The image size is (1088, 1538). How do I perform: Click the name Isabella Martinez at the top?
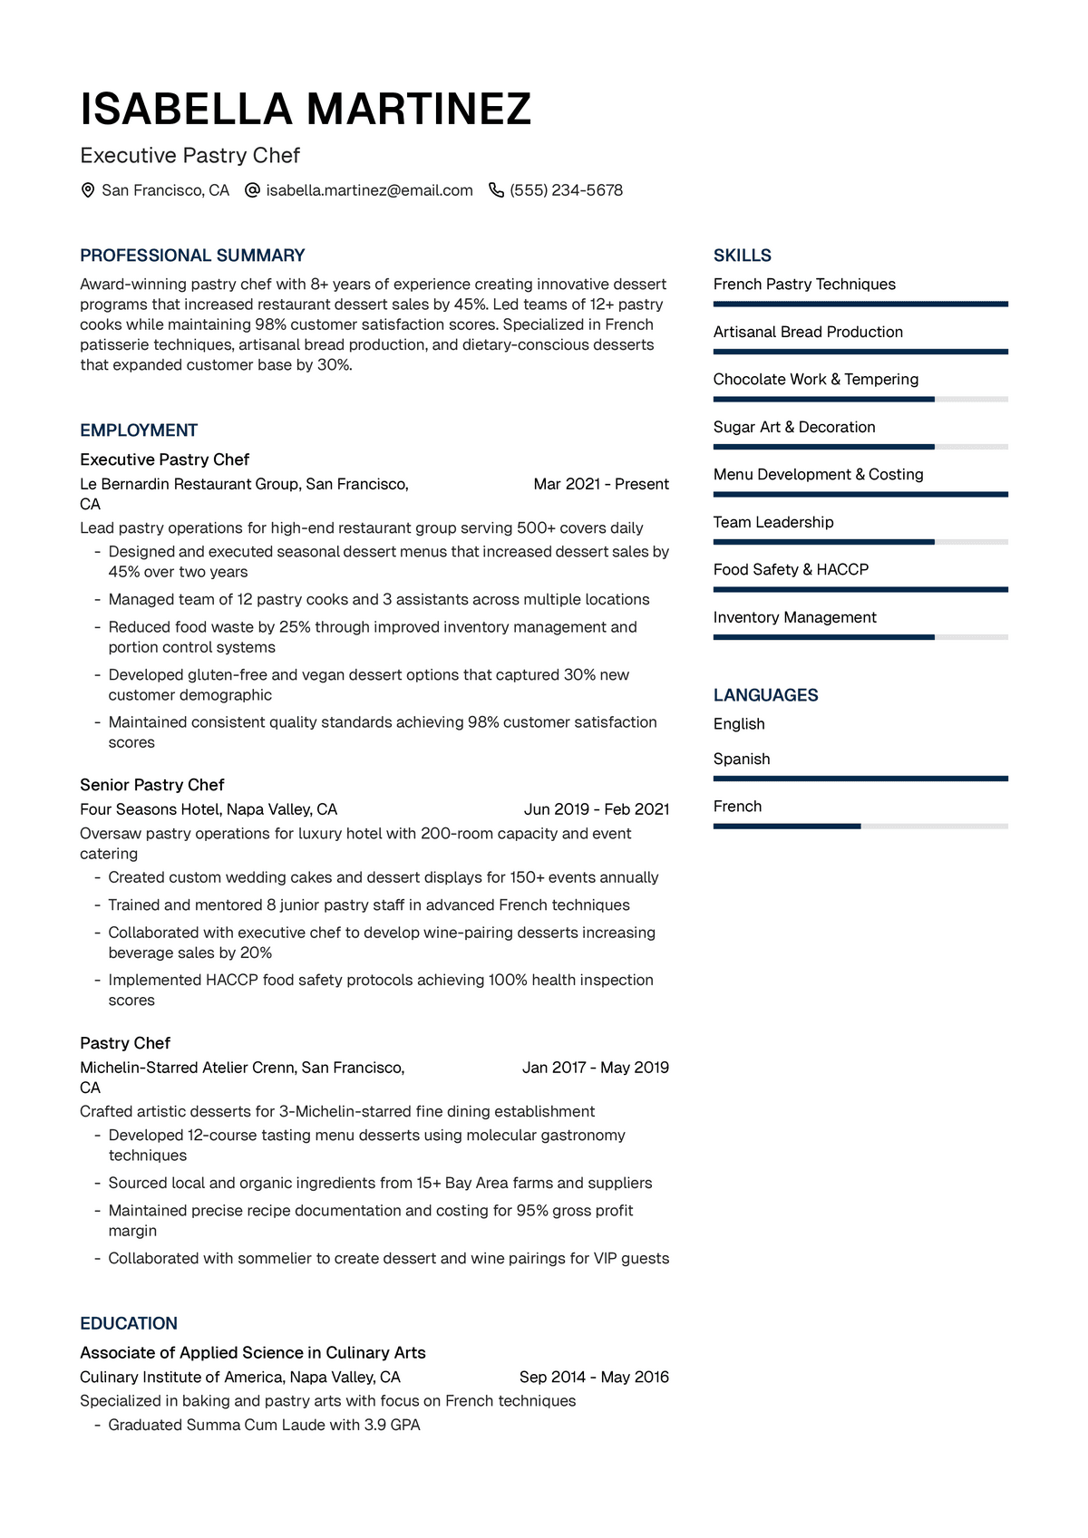306,109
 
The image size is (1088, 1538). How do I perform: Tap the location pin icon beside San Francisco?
88,190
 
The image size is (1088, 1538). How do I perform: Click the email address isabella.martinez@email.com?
369,190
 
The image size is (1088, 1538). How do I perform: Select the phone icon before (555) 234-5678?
496,190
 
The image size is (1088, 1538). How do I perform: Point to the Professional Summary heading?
192,256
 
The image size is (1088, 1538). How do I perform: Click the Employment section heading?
139,430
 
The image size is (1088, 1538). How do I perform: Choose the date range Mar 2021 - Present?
601,484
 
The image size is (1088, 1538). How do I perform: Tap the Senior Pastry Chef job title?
151,785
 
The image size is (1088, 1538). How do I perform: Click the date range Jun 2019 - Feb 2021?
597,809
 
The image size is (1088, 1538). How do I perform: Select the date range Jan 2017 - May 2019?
596,1068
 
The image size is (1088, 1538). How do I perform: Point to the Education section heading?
129,1323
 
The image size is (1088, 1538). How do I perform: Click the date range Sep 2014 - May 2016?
594,1377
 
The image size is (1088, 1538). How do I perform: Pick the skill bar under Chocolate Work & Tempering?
860,400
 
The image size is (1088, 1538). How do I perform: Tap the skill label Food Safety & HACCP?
791,569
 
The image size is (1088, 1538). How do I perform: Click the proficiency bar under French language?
860,827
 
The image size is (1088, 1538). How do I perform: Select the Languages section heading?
765,695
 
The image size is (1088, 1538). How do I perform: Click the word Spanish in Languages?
742,759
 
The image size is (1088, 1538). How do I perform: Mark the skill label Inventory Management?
794,617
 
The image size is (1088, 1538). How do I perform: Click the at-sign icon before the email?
253,190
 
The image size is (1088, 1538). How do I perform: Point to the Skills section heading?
743,256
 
